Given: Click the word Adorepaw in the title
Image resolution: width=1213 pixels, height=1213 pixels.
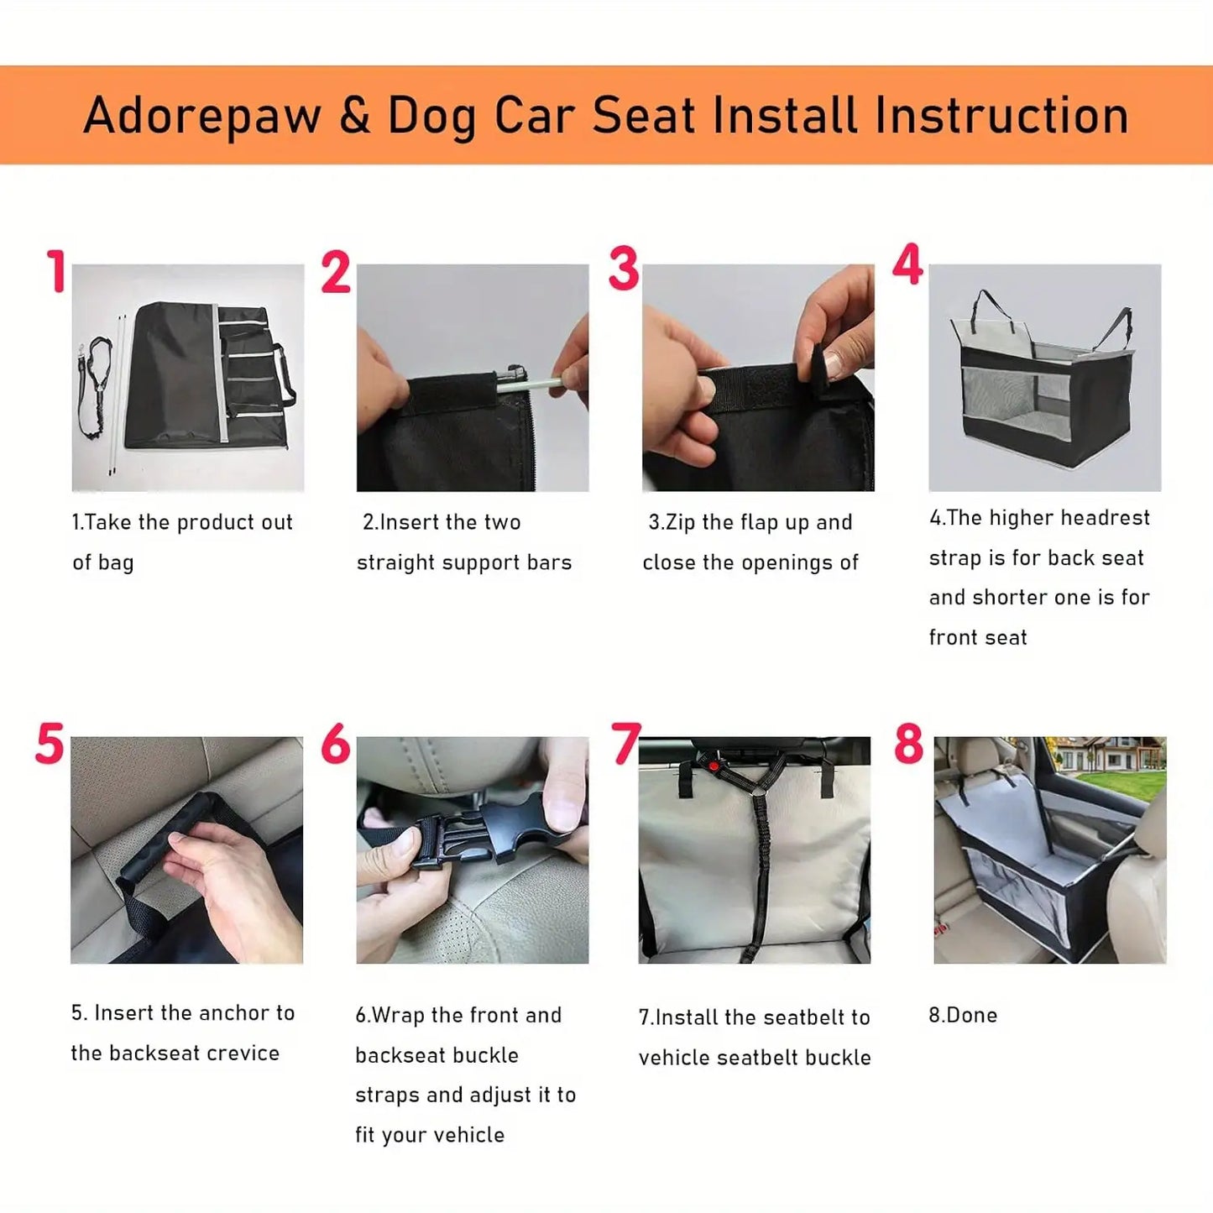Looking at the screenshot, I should [202, 115].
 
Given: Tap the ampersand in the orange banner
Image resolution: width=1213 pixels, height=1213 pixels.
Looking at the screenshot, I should [354, 115].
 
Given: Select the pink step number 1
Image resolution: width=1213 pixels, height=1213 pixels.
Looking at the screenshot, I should [56, 271].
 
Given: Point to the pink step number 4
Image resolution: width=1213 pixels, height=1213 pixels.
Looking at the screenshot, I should [907, 264].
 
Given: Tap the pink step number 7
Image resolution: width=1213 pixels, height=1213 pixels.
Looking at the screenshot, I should [626, 744].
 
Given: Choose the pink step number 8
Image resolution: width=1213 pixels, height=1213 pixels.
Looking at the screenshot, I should [908, 744].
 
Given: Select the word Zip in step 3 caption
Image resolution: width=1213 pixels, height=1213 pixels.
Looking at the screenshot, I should [681, 522].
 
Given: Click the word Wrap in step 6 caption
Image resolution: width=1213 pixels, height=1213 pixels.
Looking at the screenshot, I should [398, 1015].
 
